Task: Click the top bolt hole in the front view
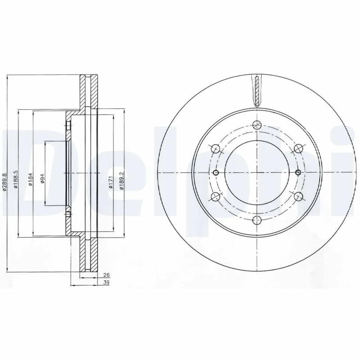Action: coord(257,126)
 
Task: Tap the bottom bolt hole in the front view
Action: coord(257,220)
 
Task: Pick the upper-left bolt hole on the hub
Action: coord(215,148)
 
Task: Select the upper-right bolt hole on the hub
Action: coord(297,148)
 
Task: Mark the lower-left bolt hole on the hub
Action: coord(215,196)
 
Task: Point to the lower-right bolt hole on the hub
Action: coord(297,196)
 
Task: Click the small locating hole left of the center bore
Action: coord(216,173)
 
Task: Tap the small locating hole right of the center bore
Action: coord(298,173)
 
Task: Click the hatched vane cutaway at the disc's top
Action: coord(257,90)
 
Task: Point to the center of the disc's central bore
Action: coord(257,173)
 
